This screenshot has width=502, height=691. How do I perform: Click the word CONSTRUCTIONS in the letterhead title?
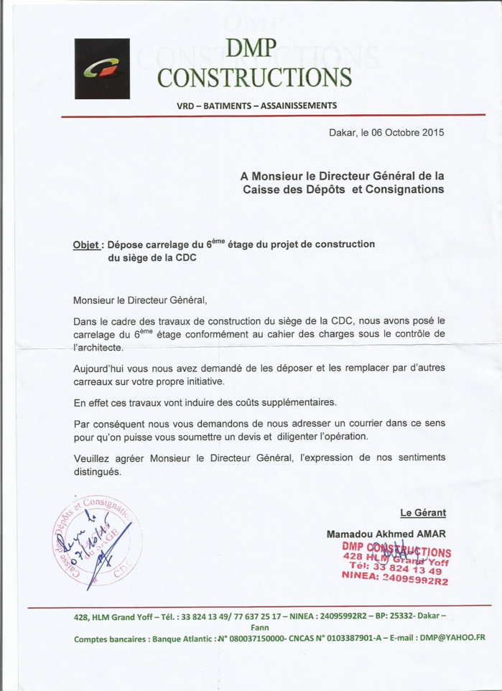[254, 77]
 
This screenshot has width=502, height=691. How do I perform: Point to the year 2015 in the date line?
[432, 132]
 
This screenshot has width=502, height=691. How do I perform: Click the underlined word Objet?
[86, 244]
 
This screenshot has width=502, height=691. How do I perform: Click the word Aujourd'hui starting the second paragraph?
[102, 367]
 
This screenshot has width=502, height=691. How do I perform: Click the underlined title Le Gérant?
[423, 512]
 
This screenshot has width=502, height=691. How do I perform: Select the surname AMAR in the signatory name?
[432, 534]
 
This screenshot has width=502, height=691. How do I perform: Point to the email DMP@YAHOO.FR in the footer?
[452, 637]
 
